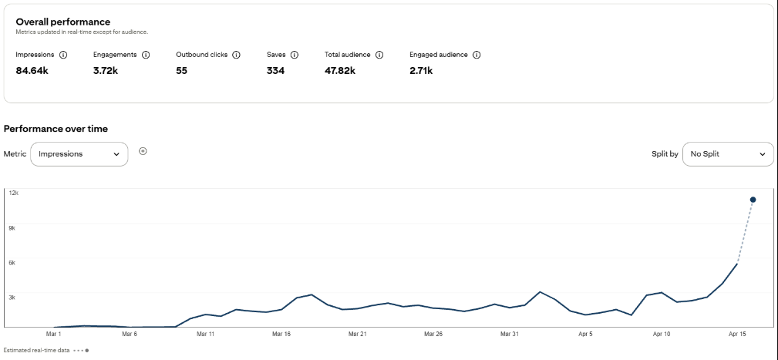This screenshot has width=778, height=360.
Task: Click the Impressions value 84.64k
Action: [x=32, y=71]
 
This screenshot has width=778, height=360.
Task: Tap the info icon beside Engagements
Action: [x=146, y=56]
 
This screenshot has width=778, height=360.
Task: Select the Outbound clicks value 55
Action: [x=181, y=71]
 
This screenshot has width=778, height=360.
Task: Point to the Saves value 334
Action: [x=275, y=71]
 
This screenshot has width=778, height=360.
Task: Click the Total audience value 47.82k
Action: [x=340, y=71]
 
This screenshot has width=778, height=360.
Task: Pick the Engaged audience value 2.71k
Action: [x=421, y=71]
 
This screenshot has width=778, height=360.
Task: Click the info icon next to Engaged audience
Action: [x=477, y=56]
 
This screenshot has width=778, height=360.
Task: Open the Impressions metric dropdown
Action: [x=79, y=154]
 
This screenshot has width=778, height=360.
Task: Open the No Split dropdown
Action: [x=728, y=154]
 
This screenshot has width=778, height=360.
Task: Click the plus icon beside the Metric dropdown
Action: [x=143, y=151]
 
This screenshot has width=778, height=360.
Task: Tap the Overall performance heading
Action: [x=62, y=22]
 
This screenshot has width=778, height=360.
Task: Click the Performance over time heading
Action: [x=56, y=128]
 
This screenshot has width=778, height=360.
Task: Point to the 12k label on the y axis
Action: [x=13, y=193]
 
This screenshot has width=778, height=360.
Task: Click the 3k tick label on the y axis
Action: [x=12, y=297]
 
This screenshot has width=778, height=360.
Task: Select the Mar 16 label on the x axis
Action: [x=281, y=335]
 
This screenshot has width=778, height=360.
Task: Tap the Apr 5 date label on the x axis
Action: [x=585, y=335]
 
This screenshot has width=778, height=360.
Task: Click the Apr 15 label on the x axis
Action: [x=737, y=335]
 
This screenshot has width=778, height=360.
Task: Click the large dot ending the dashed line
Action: [x=753, y=200]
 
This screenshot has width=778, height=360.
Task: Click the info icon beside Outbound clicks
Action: [x=236, y=56]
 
